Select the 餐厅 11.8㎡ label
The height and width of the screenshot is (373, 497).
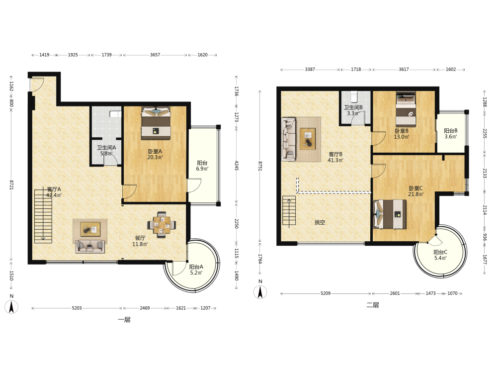click(x=140, y=241)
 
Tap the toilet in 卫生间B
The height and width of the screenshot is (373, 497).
click(x=354, y=95)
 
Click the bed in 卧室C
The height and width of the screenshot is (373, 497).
click(x=390, y=214)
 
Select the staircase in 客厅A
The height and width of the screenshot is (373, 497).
click(x=43, y=216)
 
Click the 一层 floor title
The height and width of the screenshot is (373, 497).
click(x=124, y=320)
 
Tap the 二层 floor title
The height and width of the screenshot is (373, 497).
click(x=373, y=305)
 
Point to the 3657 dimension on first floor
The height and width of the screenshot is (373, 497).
click(x=155, y=55)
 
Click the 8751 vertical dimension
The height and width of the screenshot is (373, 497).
click(x=260, y=166)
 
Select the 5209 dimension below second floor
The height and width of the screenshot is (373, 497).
click(x=326, y=293)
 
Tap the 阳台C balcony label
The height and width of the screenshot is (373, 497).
click(x=440, y=252)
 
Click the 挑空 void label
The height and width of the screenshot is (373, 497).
click(x=320, y=222)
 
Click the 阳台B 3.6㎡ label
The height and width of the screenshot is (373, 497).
click(x=450, y=133)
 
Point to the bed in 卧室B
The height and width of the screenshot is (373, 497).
click(x=406, y=108)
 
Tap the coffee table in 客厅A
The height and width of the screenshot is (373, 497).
click(x=90, y=229)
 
